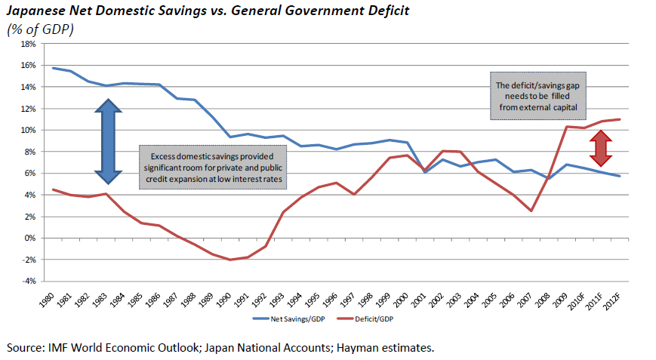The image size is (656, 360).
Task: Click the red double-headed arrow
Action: (x=600, y=148)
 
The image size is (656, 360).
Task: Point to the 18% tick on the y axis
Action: (x=28, y=44)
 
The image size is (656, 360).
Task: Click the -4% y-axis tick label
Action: (x=28, y=282)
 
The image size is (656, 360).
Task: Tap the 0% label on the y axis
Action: (x=31, y=238)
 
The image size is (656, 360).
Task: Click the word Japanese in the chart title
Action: (x=36, y=11)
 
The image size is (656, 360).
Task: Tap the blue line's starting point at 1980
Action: (x=54, y=68)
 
